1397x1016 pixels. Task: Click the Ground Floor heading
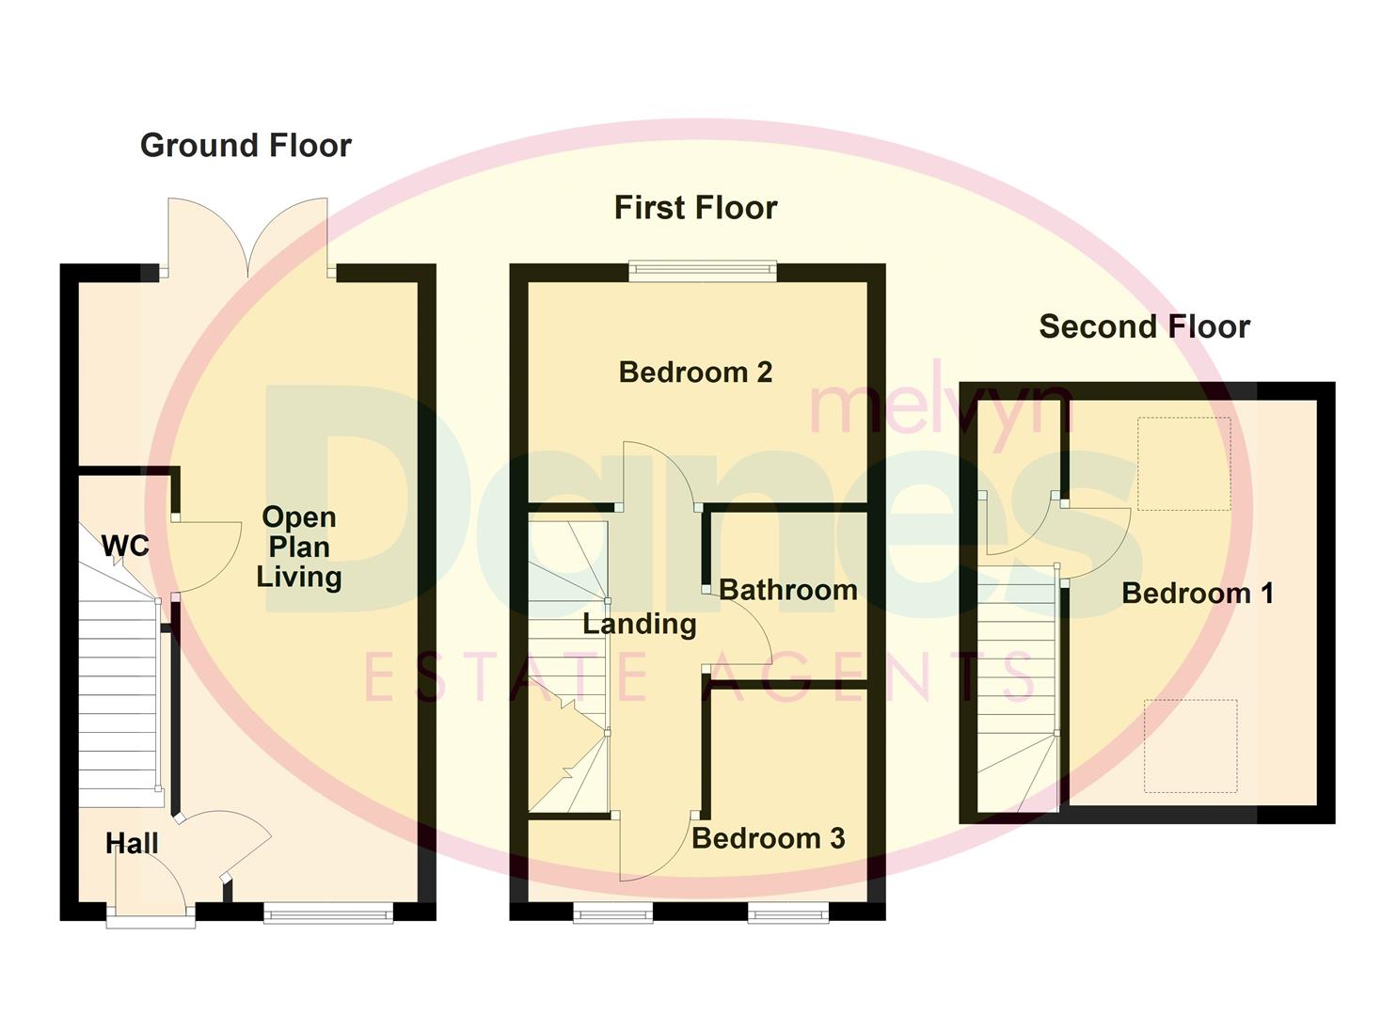pos(246,146)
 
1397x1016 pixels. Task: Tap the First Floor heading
pos(695,208)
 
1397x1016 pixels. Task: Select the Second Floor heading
pos(1144,327)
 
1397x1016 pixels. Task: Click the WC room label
pos(125,546)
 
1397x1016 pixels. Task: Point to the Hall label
pos(132,844)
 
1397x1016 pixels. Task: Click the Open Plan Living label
pos(298,547)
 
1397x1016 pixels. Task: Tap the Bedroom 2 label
pos(695,373)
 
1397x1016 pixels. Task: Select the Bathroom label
pos(787,591)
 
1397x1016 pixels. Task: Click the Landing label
pos(639,624)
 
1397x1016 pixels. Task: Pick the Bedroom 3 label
pos(768,838)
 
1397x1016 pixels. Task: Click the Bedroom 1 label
pos(1197,594)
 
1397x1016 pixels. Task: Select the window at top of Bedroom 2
pos(703,271)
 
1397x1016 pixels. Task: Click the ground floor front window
pos(327,911)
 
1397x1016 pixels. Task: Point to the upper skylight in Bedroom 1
pos(1183,464)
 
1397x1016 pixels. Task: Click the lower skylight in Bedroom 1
pos(1190,746)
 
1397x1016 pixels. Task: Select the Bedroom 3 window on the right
pos(788,911)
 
